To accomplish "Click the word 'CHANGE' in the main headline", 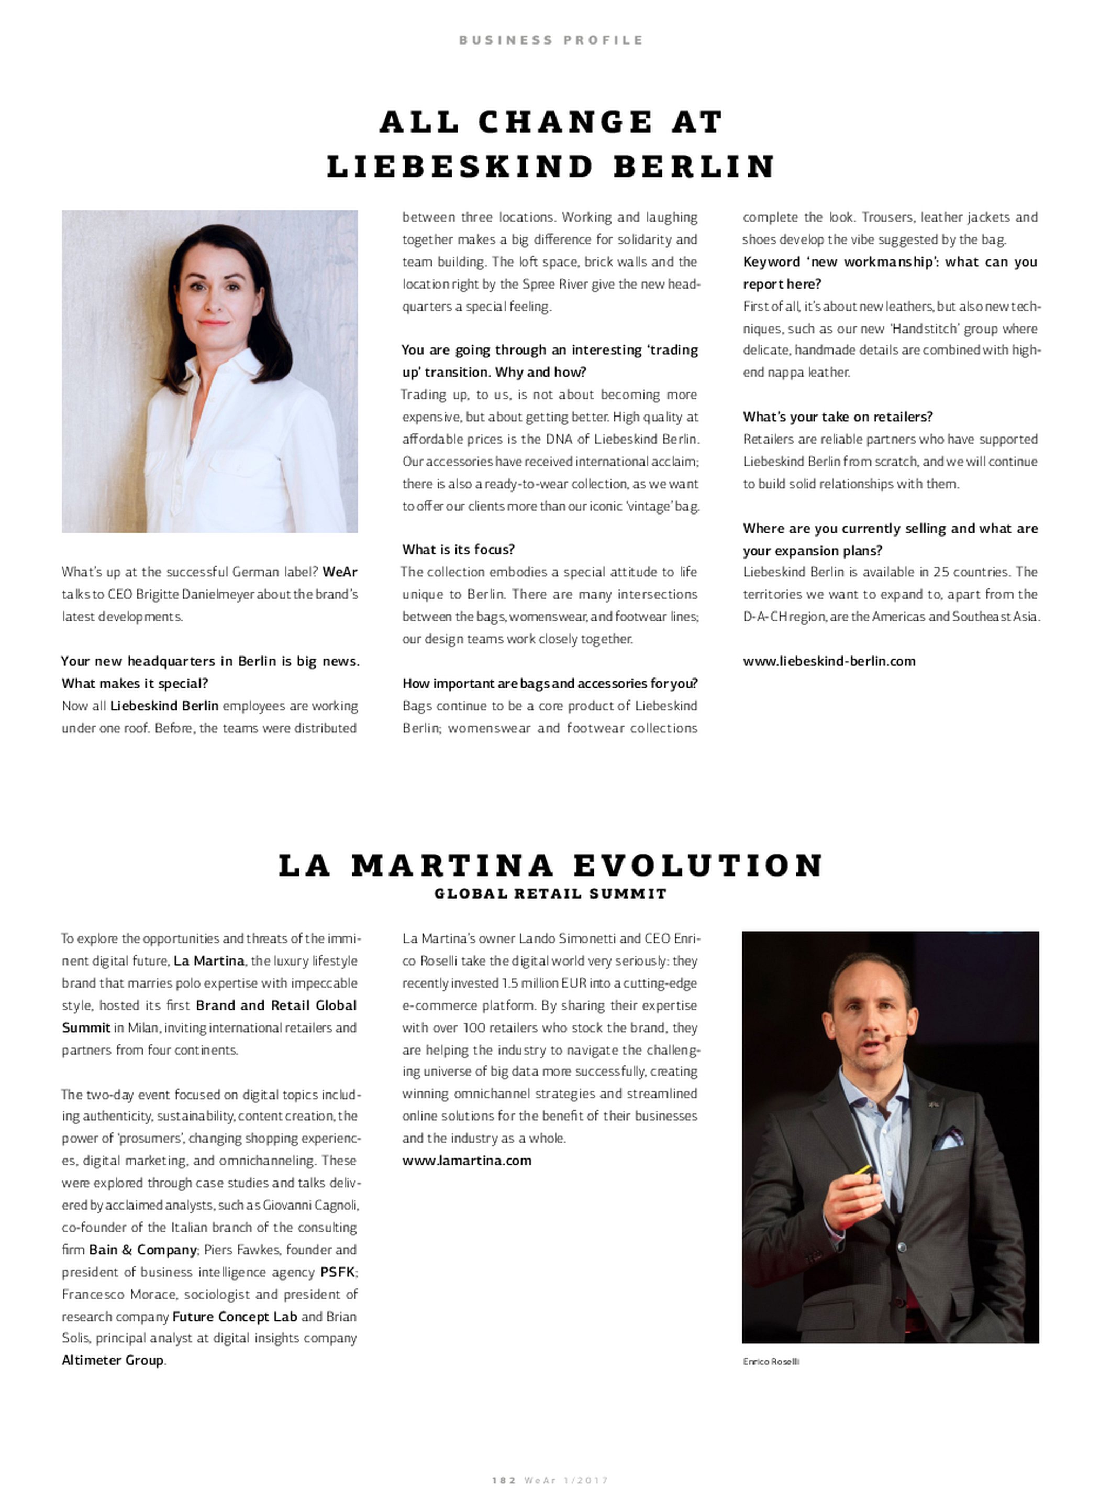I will [564, 122].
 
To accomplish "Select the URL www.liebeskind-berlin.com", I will [829, 662].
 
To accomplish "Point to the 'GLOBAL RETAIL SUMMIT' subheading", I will [550, 894].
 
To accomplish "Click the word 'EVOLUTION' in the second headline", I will [698, 866].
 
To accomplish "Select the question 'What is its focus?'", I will [458, 550].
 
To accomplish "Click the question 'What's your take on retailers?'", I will [838, 417].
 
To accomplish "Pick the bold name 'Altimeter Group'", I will [113, 1360].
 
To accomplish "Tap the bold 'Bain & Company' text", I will [143, 1250].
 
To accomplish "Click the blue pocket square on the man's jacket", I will [948, 1139].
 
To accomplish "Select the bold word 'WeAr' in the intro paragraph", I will [340, 572].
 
